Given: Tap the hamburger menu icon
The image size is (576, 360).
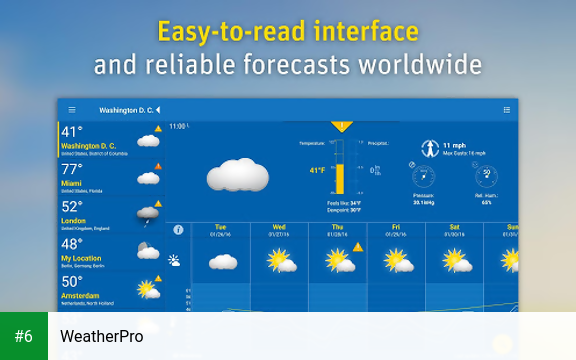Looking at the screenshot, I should (71, 109).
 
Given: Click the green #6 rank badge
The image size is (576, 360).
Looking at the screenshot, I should (24, 336).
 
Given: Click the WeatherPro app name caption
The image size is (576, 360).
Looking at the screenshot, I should (102, 336).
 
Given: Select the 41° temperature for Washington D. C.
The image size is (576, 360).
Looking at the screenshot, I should (72, 132).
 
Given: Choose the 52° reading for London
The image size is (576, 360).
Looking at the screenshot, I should (72, 206).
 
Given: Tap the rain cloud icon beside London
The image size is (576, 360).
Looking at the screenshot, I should (148, 213).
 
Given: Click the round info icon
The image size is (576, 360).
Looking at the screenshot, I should (178, 230).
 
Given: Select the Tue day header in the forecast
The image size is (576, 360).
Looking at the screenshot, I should (221, 227).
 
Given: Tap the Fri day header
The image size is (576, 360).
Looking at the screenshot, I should (396, 227).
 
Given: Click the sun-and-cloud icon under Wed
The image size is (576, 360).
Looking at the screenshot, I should (280, 261).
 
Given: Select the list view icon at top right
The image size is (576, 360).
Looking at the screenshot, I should (507, 109).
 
